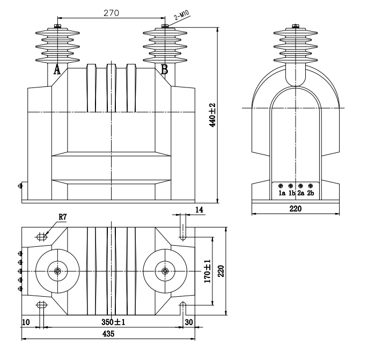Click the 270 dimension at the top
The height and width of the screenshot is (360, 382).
pos(112,12)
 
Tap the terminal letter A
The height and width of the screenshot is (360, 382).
pos(57,69)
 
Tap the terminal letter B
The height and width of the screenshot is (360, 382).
pos(165,69)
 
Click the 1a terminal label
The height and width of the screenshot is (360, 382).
pos(282,193)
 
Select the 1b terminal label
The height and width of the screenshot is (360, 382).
pos(291,193)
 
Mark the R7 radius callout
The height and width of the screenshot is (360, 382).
pos(63,217)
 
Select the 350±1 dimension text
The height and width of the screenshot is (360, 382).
pos(112,322)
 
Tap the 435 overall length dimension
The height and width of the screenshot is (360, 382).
pos(108,333)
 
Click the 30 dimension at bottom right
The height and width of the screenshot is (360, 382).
pos(188,322)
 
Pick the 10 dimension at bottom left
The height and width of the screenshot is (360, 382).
pos(26,322)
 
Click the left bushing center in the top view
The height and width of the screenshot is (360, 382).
pos(57,271)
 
